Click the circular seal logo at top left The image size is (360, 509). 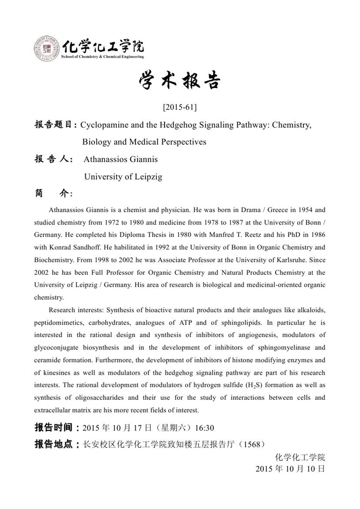point(47,49)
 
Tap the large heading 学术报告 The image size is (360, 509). point(179,81)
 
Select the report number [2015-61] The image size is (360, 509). point(179,108)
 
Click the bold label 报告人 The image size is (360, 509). point(53,160)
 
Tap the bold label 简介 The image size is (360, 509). point(53,194)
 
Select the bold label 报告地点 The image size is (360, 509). point(54,444)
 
